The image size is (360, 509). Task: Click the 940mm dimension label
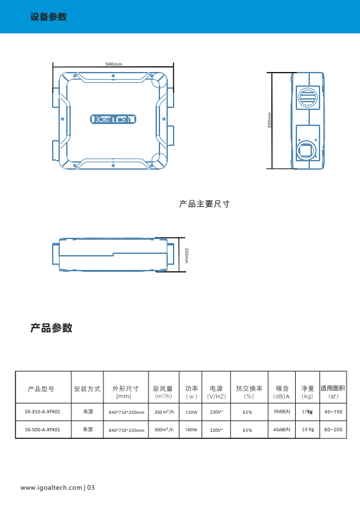tap(114, 64)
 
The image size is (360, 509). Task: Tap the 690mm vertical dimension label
tap(269, 120)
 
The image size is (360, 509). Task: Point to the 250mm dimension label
tap(186, 256)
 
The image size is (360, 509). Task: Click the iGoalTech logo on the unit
tap(113, 119)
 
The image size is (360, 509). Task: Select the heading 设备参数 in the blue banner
tap(48, 17)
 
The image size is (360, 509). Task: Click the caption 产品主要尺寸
tap(204, 204)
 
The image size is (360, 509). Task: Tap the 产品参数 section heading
tap(51, 328)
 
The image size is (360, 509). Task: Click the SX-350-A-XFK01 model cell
tap(42, 411)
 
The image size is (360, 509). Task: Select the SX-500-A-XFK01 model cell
tap(42, 429)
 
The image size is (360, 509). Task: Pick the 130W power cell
tap(191, 412)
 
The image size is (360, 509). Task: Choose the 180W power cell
tap(191, 429)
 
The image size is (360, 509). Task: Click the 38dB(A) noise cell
tap(282, 411)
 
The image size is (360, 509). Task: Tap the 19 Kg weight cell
tap(308, 429)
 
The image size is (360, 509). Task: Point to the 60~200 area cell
tap(334, 429)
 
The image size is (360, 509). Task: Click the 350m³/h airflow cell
tap(164, 411)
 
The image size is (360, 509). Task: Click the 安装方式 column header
tap(87, 389)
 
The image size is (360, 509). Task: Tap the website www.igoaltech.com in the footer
tap(51, 488)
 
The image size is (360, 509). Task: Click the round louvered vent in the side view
tap(308, 97)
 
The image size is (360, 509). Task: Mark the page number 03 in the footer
tap(91, 488)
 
